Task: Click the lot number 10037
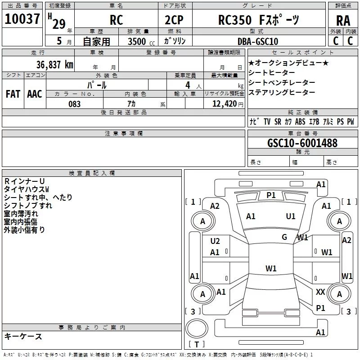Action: click(x=22, y=19)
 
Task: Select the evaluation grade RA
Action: click(x=343, y=21)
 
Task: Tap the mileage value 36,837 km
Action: click(x=55, y=65)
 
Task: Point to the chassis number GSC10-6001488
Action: click(x=302, y=143)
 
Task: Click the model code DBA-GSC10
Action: click(x=258, y=41)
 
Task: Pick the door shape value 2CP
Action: click(x=174, y=20)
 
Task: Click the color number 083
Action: click(x=74, y=104)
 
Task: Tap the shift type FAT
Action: click(x=13, y=94)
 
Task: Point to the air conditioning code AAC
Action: click(x=35, y=94)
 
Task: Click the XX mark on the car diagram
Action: click(x=320, y=292)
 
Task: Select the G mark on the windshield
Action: click(x=284, y=237)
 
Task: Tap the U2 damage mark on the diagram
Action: click(x=215, y=241)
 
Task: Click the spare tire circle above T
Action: click(x=197, y=328)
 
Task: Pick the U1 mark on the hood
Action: click(x=290, y=216)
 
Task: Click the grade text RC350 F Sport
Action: click(x=259, y=20)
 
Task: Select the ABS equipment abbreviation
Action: click(x=300, y=121)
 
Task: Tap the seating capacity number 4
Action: click(x=188, y=85)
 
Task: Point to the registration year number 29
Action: click(x=59, y=24)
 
